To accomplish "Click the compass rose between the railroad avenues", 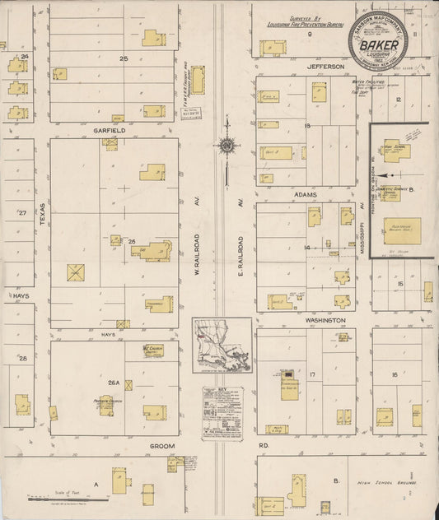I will coord(226,146).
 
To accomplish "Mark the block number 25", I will coord(124,58).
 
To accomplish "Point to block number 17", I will coord(314,374).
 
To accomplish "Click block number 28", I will coord(23,359).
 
